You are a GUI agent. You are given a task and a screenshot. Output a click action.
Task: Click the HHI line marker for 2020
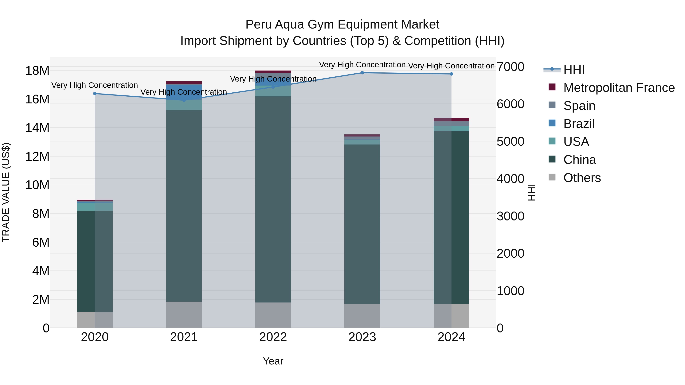(95, 94)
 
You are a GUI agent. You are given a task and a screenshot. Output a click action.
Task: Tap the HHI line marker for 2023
(362, 73)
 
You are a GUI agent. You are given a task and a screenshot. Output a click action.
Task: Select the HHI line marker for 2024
(451, 74)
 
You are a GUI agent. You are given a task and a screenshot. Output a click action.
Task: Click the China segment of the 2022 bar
(273, 199)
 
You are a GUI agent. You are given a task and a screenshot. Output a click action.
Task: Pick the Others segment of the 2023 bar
(362, 316)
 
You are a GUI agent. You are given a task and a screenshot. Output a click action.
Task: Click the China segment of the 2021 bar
(184, 206)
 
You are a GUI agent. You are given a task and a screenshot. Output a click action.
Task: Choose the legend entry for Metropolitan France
(619, 88)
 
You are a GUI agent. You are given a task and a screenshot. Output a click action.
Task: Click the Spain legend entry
(579, 106)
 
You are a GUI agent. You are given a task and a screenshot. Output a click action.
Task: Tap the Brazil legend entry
(579, 124)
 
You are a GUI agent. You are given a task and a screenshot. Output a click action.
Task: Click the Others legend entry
(582, 178)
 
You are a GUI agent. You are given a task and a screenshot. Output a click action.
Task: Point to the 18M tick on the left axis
(37, 71)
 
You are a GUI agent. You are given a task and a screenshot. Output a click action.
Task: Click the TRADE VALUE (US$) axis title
(6, 192)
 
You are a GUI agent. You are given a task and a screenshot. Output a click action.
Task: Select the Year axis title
(273, 361)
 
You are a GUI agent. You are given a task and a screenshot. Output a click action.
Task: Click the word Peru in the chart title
(258, 25)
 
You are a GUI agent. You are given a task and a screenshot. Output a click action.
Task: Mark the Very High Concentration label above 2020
(95, 85)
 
